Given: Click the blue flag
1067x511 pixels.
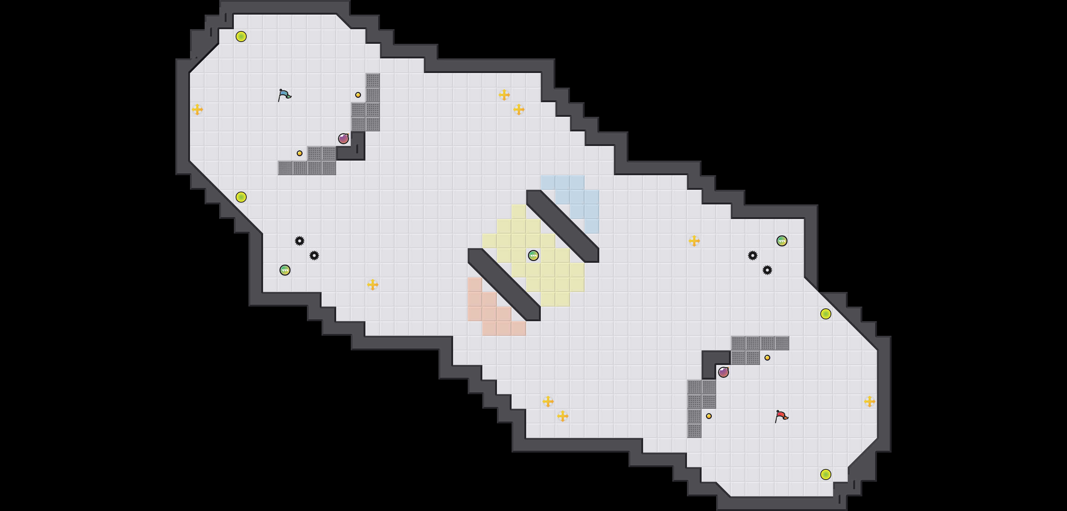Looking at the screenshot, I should pos(284,95).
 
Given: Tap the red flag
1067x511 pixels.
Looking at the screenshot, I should pos(781,415).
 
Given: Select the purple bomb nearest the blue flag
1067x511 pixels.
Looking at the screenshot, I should pos(343,139).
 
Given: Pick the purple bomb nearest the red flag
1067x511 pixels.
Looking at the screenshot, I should pos(723,372).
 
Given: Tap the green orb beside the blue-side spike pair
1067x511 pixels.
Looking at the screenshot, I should pos(285,270).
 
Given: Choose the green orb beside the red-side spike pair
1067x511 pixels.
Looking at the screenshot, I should pos(782,241).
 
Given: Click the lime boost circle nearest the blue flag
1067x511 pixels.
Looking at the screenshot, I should pos(241,36).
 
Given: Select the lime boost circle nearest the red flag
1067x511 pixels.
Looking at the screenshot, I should pos(825,474).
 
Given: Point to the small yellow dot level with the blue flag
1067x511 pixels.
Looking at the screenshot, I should pos(358,95).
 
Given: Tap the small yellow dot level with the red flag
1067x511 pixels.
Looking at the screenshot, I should pos(709,416).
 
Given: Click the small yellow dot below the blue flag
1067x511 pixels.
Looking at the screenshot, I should pos(300,153).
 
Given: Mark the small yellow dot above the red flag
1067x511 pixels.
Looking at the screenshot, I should pos(767,357).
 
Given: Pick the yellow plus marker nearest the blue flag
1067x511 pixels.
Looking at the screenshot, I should pos(198,109).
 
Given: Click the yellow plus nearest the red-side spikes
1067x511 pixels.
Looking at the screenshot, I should pos(694,241).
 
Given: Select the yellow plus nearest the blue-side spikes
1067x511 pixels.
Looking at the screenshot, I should pos(372,285).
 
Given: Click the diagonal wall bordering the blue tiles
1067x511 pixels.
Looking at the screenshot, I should pos(562,226).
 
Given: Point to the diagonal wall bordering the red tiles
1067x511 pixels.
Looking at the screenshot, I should pos(504,285).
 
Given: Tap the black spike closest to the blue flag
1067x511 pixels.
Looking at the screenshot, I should pos(300,241).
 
